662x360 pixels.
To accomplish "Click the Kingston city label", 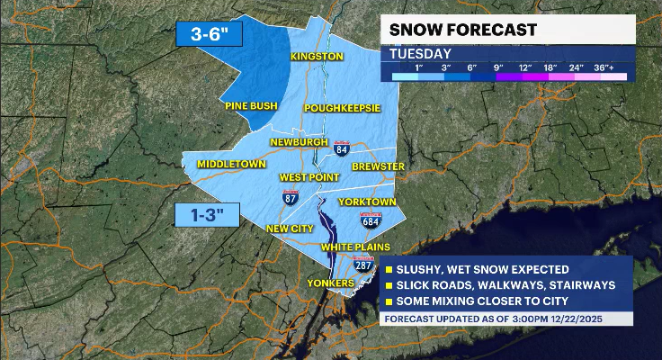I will [x=317, y=57].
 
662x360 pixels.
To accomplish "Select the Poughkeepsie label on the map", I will [x=342, y=108].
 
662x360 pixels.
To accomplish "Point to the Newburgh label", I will [x=300, y=142].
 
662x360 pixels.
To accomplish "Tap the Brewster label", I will [x=378, y=166].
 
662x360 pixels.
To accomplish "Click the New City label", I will [x=289, y=229].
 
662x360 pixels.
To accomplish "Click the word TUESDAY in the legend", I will [x=420, y=53].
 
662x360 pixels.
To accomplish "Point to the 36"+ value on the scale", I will [x=614, y=67].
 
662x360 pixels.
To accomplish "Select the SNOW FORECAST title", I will [x=462, y=30].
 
